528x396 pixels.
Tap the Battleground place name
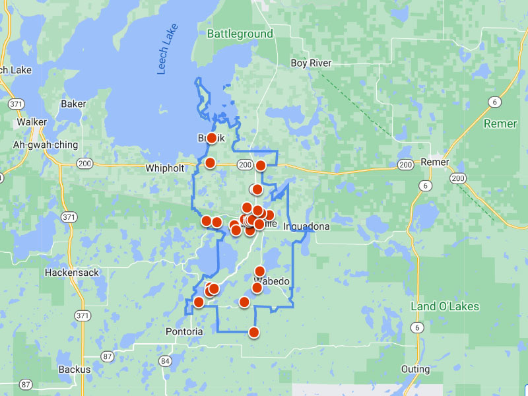pos(240,34)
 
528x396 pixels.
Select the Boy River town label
pos(311,63)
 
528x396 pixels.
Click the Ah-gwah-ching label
pos(46,145)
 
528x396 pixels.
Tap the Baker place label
pos(73,104)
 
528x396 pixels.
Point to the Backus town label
pos(74,370)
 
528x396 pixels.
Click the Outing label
pos(415,370)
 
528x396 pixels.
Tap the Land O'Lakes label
pos(445,306)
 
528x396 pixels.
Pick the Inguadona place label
pos(306,226)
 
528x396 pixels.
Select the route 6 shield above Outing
pos(416,327)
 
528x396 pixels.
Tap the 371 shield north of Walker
pos(16,104)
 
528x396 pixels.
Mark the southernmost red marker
pos(253,333)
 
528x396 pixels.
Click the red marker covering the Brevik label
pos(211,138)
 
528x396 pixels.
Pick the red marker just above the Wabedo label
pos(259,271)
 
